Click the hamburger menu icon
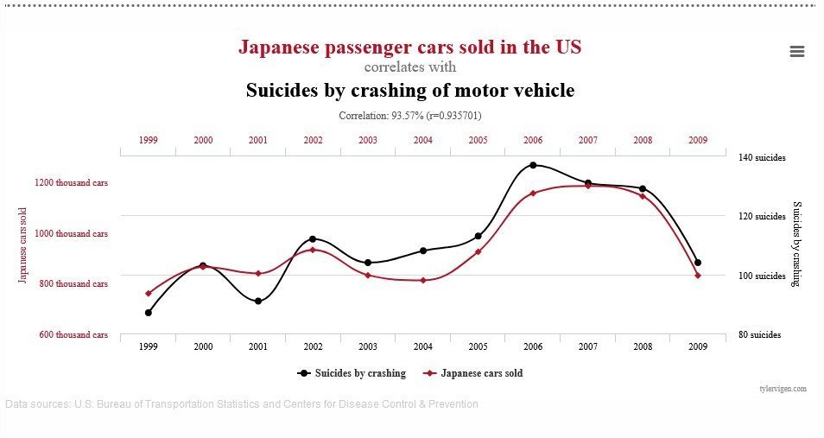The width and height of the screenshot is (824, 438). pos(796,52)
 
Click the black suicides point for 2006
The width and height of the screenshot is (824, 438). pos(533,165)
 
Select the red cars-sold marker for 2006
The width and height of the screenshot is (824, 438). pos(533,193)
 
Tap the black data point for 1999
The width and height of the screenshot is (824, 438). pos(149,313)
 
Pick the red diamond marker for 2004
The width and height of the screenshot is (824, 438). pos(423,280)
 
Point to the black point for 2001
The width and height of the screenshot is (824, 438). pos(258,301)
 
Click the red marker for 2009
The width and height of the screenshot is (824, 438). pos(698,276)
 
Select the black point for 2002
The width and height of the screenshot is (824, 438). pos(313,238)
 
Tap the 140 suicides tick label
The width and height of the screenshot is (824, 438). pos(761,158)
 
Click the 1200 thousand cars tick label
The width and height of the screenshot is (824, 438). pos(72,183)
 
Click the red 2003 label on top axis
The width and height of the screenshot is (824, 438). pos(368,140)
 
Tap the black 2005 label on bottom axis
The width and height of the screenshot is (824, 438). pos(478,346)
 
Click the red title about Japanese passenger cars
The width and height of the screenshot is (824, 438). pos(409,47)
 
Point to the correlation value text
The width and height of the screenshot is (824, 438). pos(409,115)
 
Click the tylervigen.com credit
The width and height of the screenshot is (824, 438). pos(783,389)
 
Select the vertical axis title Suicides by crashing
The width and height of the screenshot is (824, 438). pos(797,244)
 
